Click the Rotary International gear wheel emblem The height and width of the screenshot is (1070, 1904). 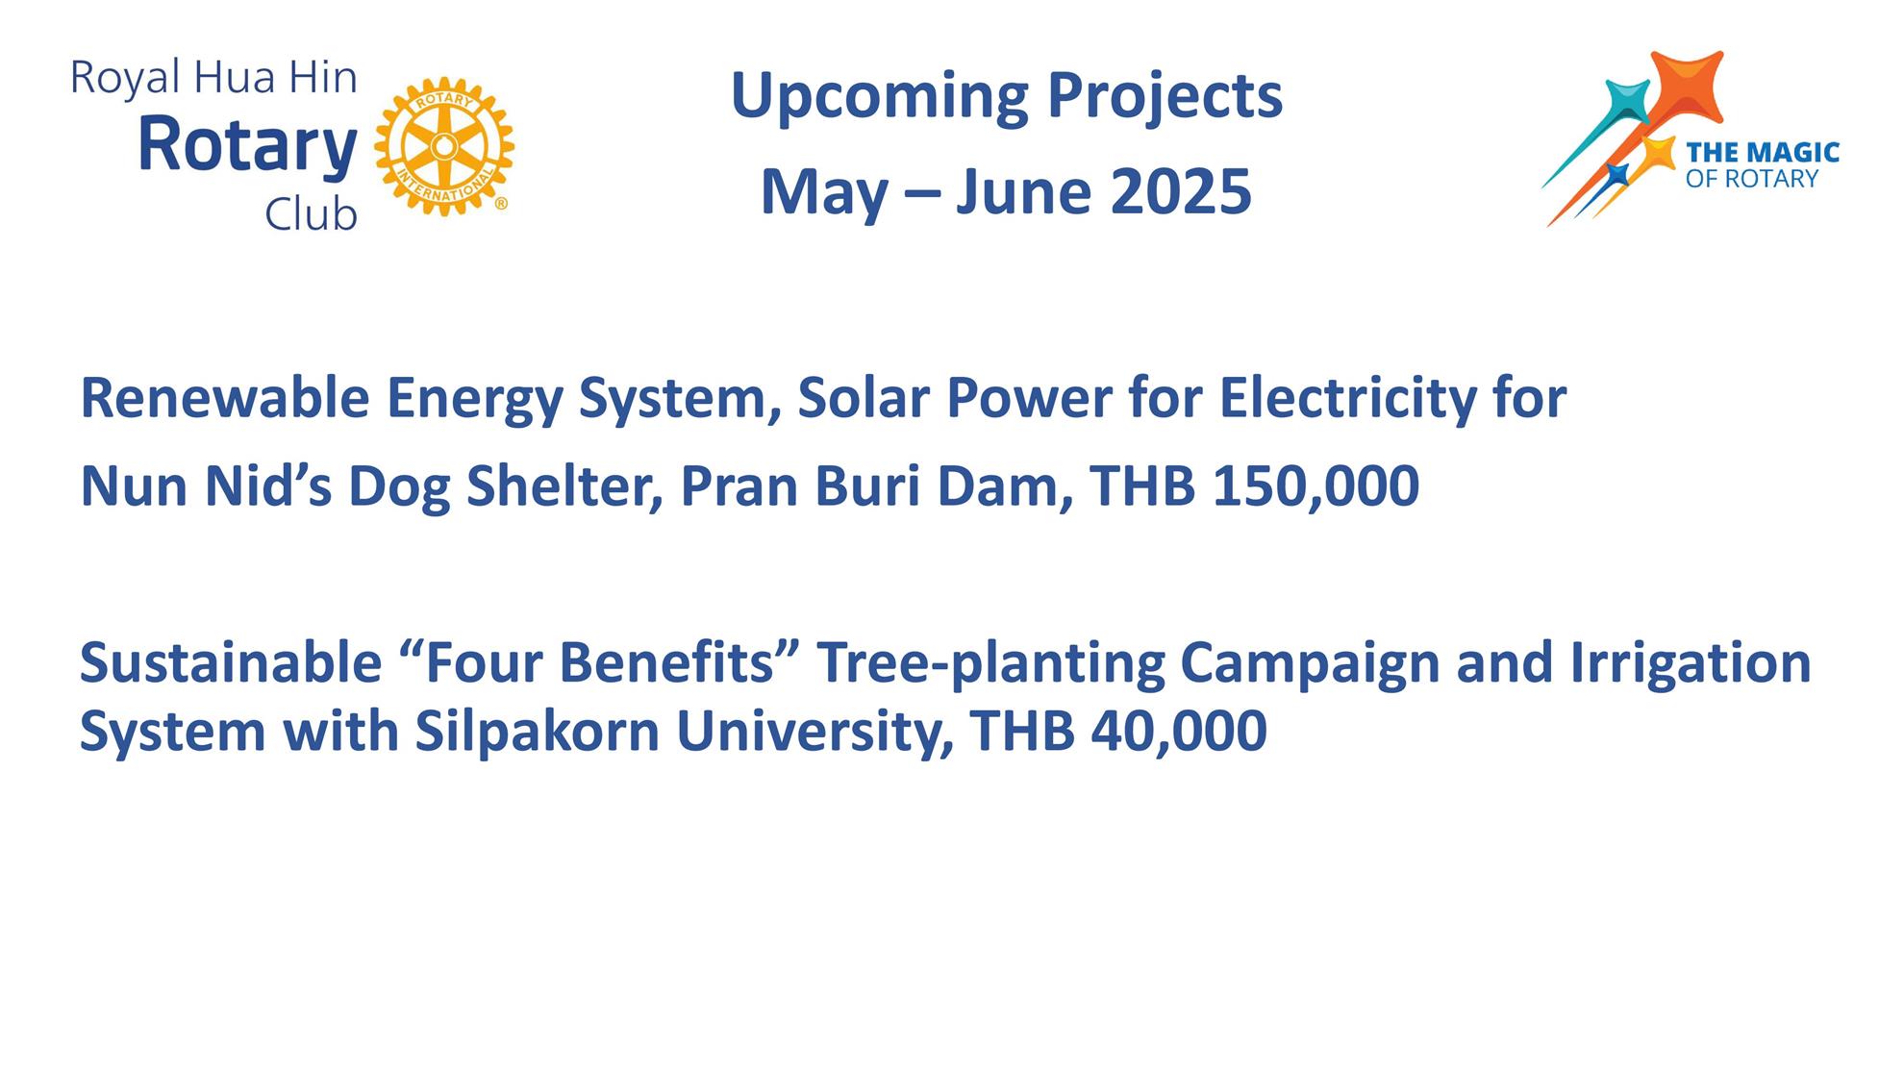click(444, 146)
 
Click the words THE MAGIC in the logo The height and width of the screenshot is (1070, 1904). click(1762, 152)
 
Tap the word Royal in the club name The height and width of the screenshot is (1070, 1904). click(125, 79)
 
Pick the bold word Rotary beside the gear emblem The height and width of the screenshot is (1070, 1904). click(247, 146)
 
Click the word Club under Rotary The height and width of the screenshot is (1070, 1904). click(311, 213)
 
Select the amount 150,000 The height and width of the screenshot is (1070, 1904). click(1315, 486)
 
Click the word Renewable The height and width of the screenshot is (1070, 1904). click(224, 398)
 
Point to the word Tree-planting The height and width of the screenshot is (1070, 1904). click(990, 663)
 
